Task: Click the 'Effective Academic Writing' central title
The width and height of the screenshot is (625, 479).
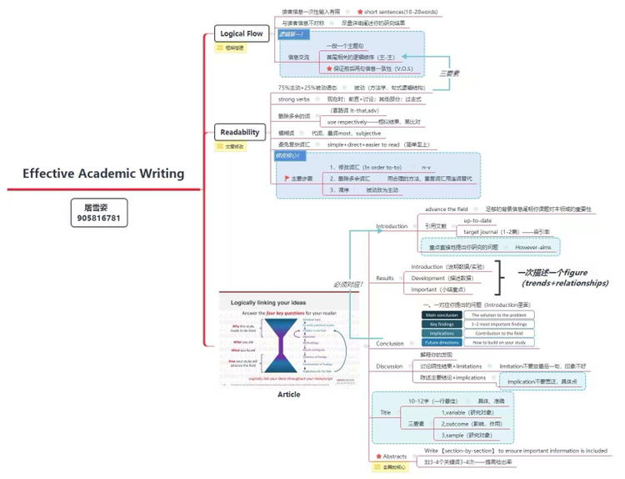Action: point(103,174)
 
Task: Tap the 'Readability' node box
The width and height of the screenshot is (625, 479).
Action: point(239,132)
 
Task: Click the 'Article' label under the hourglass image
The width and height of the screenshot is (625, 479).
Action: point(288,394)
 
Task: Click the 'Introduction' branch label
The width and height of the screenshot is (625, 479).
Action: point(392,226)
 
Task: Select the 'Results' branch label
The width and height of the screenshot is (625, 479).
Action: point(385,278)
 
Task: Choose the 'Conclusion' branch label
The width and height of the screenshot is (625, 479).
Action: point(390,343)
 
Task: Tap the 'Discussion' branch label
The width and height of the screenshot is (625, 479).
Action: point(389,366)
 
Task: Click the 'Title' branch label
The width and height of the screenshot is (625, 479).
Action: point(385,412)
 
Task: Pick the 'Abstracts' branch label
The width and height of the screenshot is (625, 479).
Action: point(394,456)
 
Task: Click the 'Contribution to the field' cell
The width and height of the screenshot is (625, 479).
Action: point(500,333)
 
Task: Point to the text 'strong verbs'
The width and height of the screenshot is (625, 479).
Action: point(298,99)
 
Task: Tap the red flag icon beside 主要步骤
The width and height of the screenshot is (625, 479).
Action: point(286,178)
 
